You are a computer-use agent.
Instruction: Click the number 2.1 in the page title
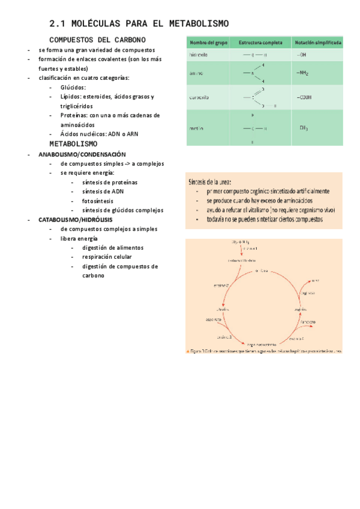coord(57,24)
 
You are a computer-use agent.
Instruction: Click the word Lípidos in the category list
coord(73,96)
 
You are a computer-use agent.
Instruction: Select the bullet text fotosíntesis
coord(97,201)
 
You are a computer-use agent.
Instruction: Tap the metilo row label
coord(196,128)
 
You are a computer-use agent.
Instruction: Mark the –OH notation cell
coord(301,55)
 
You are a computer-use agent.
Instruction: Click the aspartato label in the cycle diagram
coord(214,319)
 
